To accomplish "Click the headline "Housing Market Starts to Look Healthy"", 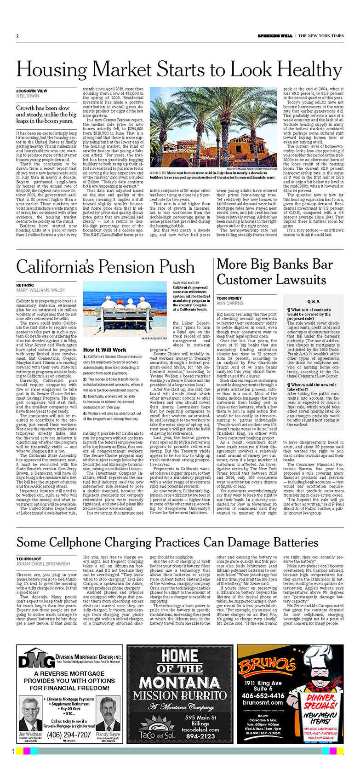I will [179, 70].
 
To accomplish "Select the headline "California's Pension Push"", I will [105, 267].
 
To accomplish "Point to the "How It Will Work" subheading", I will [104, 350].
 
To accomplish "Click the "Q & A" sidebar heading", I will [313, 301].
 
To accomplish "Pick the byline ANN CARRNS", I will [231, 303].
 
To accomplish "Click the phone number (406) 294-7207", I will [69, 735].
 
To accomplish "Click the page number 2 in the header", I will [17, 36].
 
